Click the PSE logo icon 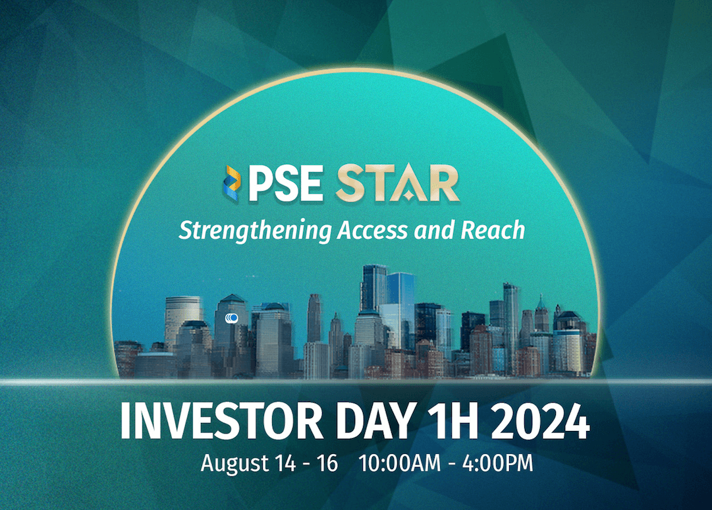coord(232,183)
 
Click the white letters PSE coord(285,183)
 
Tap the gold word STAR coord(397,183)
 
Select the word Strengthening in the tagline coord(256,231)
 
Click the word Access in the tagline coord(372,230)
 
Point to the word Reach coord(493,230)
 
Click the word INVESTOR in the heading coord(221,421)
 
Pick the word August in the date coord(234,464)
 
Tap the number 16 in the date coord(327,463)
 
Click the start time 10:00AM coord(400,463)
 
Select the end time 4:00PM coord(498,463)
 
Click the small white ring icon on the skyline coord(232,318)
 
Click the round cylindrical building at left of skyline coord(182,318)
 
